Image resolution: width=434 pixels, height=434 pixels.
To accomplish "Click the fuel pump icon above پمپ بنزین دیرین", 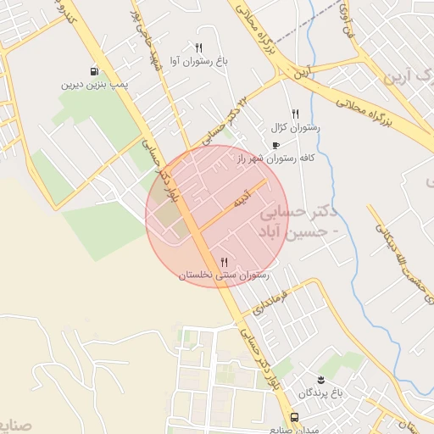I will [x=92, y=71].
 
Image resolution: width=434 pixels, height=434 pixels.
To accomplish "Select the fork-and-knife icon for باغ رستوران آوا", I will [x=198, y=47].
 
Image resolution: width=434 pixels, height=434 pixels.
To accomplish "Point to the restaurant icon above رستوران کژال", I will [x=295, y=113].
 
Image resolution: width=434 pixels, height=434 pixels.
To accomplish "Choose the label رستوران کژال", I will [x=293, y=127].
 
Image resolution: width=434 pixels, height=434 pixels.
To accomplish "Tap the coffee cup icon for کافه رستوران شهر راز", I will [x=275, y=145].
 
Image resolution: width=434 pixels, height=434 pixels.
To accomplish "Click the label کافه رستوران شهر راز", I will [x=275, y=159].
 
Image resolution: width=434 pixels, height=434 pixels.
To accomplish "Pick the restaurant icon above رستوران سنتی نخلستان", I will [x=224, y=261].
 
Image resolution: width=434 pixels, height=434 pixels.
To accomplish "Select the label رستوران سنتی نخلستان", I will [x=224, y=275].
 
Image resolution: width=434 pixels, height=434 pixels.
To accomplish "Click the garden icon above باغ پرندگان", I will [x=321, y=379].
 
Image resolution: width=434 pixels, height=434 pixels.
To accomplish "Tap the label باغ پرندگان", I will [x=323, y=393].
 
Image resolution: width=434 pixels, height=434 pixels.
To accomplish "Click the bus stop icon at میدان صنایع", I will [x=294, y=418].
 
